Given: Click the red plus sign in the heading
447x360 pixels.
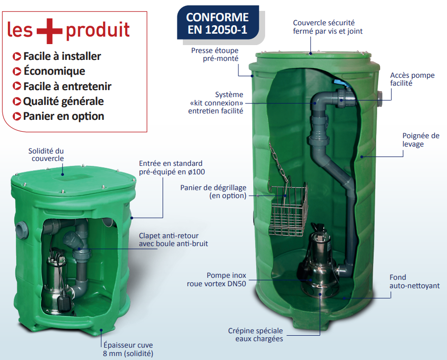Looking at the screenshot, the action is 50,31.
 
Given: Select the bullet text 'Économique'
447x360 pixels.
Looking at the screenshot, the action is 54,71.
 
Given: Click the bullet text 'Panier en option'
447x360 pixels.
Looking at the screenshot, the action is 63,116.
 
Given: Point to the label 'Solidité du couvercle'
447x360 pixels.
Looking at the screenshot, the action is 46,154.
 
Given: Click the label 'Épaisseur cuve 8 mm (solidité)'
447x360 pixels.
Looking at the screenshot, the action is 128,349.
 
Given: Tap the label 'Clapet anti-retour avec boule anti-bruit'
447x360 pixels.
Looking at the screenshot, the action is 173,240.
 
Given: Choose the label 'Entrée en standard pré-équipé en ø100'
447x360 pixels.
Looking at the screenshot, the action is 171,167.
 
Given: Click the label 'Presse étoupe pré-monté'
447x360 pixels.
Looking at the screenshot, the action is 215,54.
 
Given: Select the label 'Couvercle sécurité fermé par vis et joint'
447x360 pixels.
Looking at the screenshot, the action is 328,27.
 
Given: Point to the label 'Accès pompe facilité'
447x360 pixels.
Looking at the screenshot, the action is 412,79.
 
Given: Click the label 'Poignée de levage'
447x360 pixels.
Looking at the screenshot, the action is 421,140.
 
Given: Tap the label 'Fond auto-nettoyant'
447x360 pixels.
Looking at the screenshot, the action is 414,281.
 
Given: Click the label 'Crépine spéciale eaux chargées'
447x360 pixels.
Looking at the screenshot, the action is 255,335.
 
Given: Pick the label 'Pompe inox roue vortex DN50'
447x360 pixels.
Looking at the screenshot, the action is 217,279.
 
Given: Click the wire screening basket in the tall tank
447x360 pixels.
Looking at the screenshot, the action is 288,209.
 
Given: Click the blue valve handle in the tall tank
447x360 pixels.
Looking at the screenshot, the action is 340,84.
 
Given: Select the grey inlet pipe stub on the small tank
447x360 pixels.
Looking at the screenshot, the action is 22,230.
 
